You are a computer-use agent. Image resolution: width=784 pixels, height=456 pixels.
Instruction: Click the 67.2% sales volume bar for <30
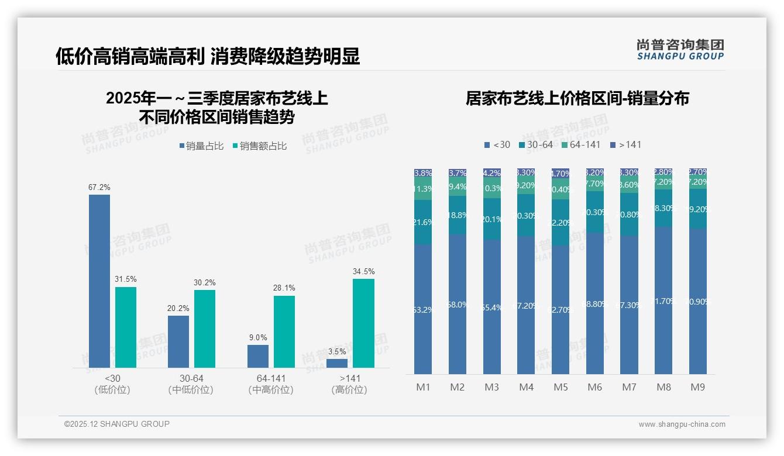(99, 281)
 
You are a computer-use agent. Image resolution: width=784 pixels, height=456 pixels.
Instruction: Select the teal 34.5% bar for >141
(363, 323)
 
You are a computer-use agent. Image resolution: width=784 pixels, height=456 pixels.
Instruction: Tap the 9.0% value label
(257, 337)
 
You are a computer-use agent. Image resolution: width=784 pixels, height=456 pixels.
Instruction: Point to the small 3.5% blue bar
(337, 363)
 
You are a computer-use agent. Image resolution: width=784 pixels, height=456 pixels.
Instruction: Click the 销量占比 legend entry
(201, 146)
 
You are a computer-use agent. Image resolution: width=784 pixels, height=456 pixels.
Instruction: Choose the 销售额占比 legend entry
(259, 146)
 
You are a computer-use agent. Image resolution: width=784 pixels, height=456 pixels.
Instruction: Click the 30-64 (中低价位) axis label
(191, 384)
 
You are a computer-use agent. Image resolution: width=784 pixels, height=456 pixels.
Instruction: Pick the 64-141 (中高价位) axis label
(271, 384)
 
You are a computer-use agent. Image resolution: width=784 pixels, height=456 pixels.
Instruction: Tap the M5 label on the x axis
(561, 387)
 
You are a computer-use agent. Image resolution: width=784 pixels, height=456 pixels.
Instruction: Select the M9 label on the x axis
(698, 387)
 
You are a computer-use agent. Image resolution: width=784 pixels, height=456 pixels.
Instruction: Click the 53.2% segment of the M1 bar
(422, 309)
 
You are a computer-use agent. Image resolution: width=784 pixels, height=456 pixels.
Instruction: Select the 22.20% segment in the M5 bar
(561, 222)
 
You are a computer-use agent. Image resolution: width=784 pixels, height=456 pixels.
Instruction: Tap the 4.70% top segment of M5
(561, 174)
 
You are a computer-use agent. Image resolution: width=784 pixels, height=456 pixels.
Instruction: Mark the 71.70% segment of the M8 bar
(663, 300)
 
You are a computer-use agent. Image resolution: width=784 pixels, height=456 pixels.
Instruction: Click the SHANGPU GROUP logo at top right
(680, 49)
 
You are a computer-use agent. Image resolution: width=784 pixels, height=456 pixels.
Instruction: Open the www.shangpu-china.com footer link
(682, 424)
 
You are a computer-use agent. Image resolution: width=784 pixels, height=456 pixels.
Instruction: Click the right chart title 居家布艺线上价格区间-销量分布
(577, 98)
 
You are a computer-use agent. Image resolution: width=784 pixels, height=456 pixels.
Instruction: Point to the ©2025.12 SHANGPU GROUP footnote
(117, 424)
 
